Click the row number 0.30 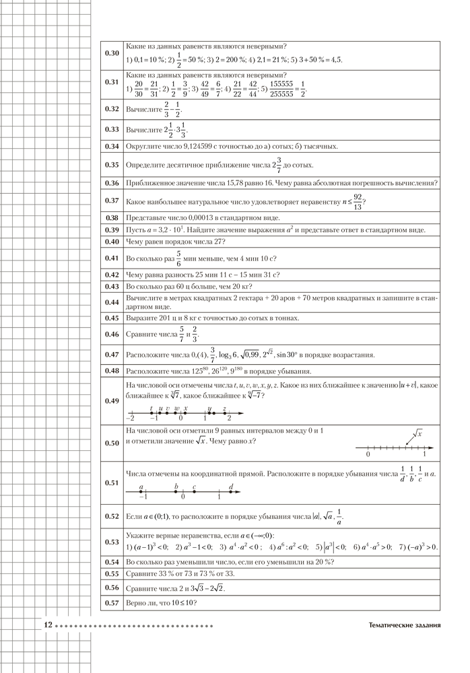pyautogui.click(x=112, y=53)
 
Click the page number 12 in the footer pyautogui.click(x=48, y=625)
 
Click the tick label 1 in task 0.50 pyautogui.click(x=424, y=455)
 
